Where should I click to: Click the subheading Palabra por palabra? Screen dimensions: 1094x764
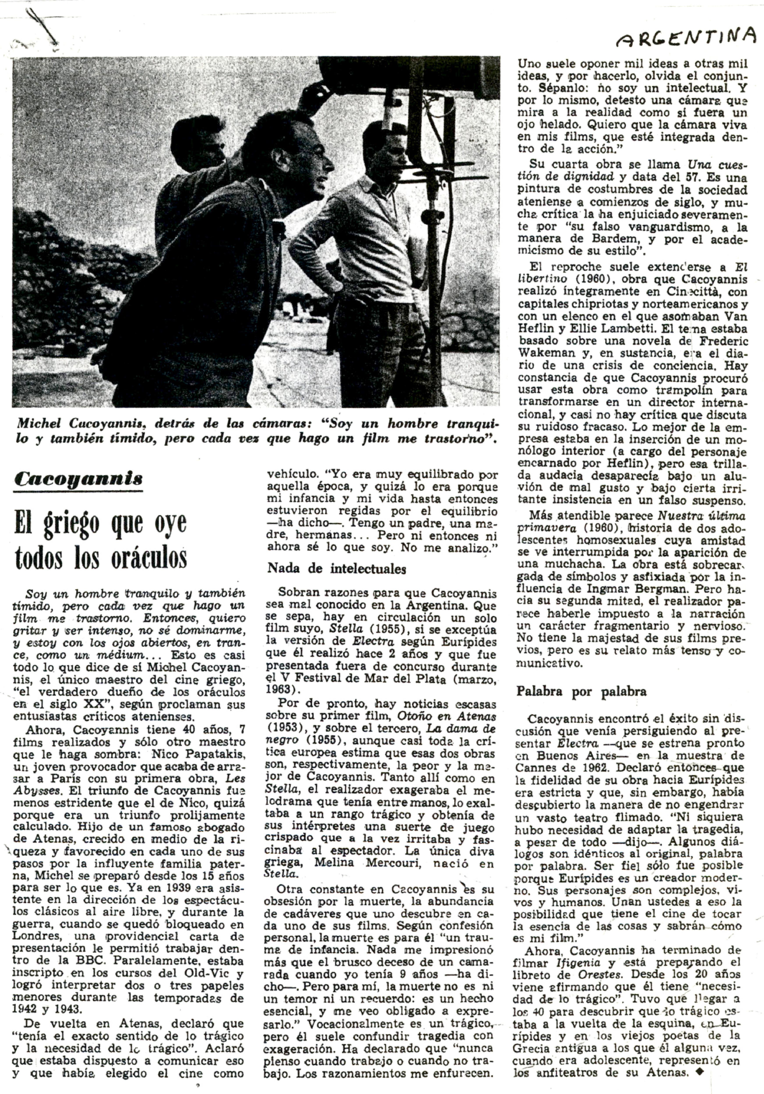tap(581, 691)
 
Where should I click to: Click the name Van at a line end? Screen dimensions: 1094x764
tap(736, 316)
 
